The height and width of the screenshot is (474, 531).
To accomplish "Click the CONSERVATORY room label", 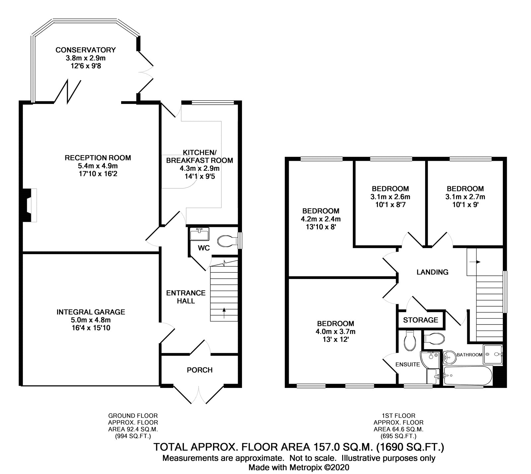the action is pos(86,50).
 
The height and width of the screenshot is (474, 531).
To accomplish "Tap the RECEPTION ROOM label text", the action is pos(98,158).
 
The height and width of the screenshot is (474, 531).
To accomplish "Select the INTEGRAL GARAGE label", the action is pos(91,312).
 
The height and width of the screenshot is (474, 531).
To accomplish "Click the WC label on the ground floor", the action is pos(204,248).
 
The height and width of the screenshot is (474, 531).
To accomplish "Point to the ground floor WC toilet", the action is pos(227,241).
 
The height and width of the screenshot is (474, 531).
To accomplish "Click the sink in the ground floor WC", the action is pos(199,234).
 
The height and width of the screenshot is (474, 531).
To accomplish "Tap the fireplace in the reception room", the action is pos(29,205).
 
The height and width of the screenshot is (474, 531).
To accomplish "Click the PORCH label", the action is pos(199,370).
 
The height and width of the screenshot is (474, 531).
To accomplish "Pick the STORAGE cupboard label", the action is pos(420,320).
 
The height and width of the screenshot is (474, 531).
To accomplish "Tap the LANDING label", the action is pos(432,272).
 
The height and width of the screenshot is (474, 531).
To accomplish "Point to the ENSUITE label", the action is pos(408,364).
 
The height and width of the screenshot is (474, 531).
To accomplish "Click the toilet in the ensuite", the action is pos(409,340).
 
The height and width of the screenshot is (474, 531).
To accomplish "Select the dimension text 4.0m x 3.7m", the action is pos(336,332).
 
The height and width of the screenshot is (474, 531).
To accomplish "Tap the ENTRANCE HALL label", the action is pos(186,297).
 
